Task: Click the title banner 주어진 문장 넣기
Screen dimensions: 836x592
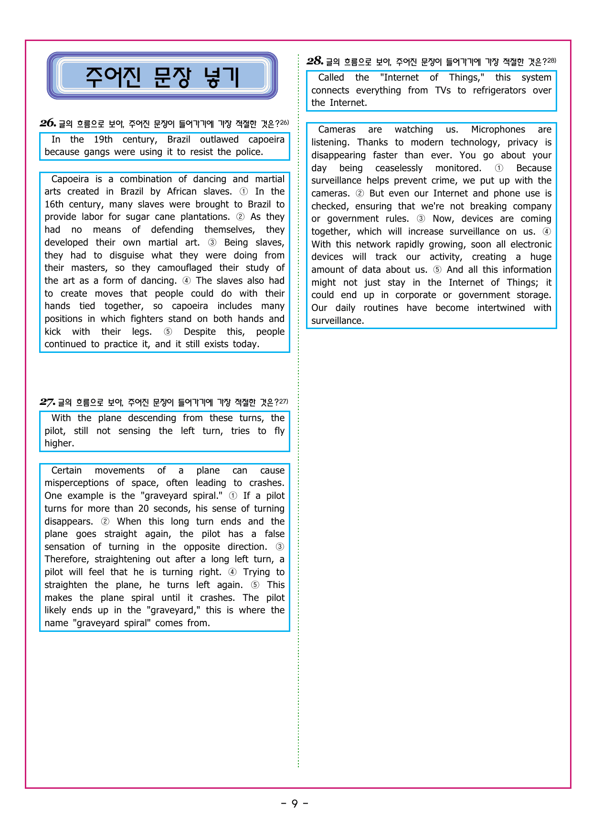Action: click(x=162, y=76)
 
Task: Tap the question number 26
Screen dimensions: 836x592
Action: click(x=48, y=123)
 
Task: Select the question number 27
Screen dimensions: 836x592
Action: click(x=47, y=402)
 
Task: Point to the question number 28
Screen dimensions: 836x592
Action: click(x=315, y=61)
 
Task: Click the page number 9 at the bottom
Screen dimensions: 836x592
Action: click(x=295, y=804)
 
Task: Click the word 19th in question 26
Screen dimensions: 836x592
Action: click(x=103, y=139)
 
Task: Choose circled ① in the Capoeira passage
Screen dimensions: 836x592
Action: click(x=243, y=192)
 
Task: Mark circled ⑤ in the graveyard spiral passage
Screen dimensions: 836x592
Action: click(x=255, y=585)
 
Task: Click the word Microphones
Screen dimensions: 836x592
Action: click(x=498, y=130)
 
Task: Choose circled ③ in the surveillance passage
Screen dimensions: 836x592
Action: click(x=421, y=219)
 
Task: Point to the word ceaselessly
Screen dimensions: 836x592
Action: click(x=399, y=168)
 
